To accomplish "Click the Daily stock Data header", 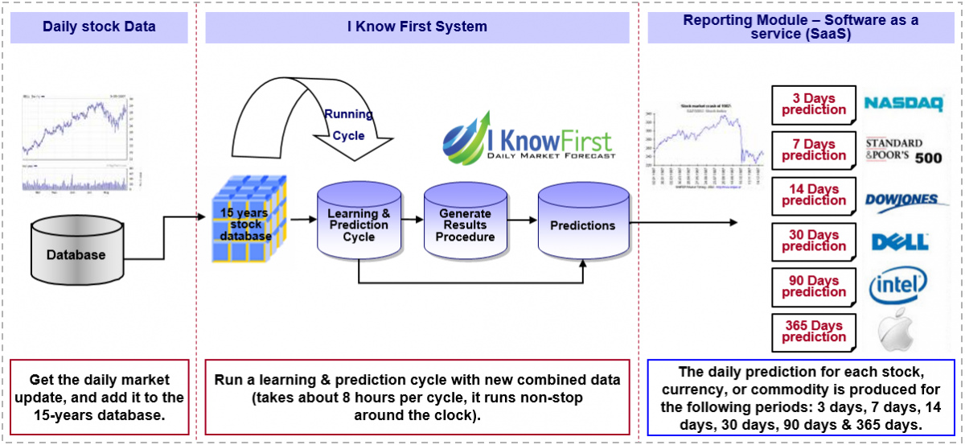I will click(x=100, y=27).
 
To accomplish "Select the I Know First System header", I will click(x=417, y=27).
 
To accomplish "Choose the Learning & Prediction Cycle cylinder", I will click(x=359, y=225).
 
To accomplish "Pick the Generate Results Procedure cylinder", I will click(x=465, y=225).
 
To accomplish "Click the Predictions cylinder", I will click(x=582, y=225).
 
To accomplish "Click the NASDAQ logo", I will click(x=903, y=104).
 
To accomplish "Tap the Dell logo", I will click(x=900, y=241).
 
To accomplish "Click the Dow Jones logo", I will click(x=902, y=201).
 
